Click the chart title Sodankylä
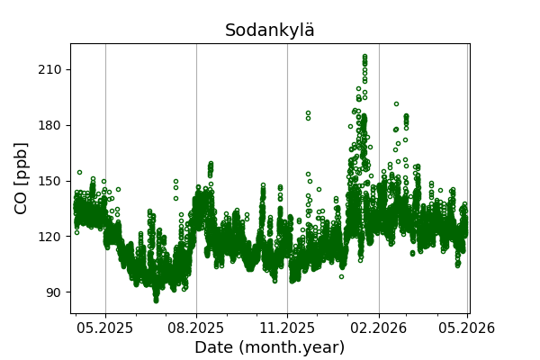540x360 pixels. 270,31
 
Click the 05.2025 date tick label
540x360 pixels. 105,328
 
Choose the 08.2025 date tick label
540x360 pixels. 196,328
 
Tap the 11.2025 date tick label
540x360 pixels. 287,328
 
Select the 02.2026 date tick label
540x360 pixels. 378,328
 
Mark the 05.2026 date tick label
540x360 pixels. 467,328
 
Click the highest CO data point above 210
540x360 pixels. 364,57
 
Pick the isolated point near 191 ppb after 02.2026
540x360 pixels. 396,104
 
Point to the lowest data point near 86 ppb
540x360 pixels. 156,300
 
